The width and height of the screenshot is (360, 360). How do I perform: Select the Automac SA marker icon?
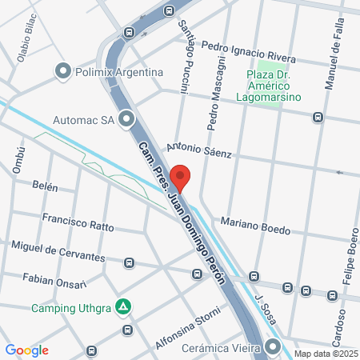pos(126,121)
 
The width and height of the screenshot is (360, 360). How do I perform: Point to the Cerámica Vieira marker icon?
pos(274,348)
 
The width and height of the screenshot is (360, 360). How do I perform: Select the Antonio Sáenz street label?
pos(198,150)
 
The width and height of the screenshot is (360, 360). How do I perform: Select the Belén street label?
pos(45,186)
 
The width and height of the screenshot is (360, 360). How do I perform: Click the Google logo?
pos(27,350)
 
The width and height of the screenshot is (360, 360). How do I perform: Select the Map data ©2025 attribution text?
pos(324,354)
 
